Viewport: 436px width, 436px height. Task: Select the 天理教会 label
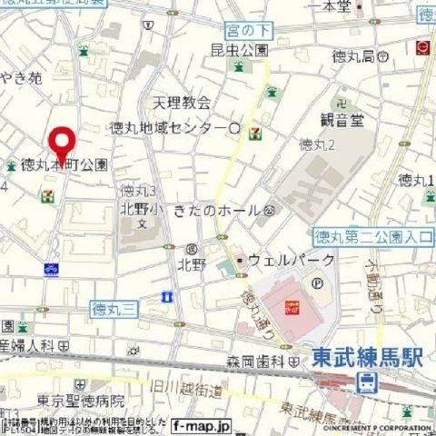(181, 103)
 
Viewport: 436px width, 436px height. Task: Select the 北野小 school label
(138, 208)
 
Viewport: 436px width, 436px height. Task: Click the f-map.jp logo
(201, 424)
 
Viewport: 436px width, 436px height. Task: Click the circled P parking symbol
(317, 282)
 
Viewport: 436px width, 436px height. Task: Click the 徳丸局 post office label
(355, 56)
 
